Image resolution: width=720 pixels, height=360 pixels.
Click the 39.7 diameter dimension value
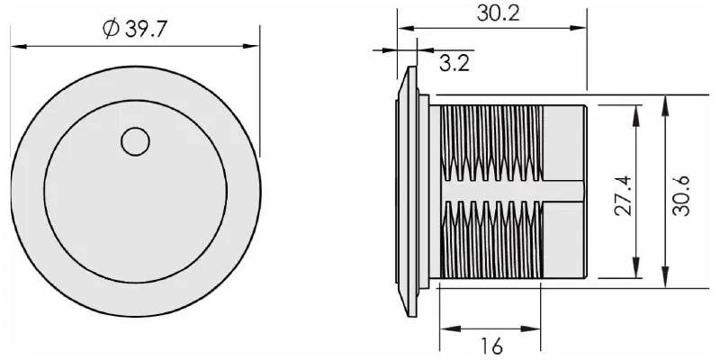pyautogui.click(x=146, y=30)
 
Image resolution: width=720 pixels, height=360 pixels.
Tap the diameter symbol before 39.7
pyautogui.click(x=111, y=30)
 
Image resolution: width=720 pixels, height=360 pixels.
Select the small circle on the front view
pyautogui.click(x=135, y=141)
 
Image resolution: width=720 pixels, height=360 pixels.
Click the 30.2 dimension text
pyautogui.click(x=498, y=13)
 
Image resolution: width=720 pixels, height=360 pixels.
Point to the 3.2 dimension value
pyautogui.click(x=454, y=63)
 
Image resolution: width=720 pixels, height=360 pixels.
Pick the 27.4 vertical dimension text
pyautogui.click(x=623, y=195)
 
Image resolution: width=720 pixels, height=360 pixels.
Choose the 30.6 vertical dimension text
pyautogui.click(x=681, y=195)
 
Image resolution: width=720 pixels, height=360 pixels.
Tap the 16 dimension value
pyautogui.click(x=491, y=346)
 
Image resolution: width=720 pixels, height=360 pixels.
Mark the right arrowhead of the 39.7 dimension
pyautogui.click(x=251, y=47)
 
